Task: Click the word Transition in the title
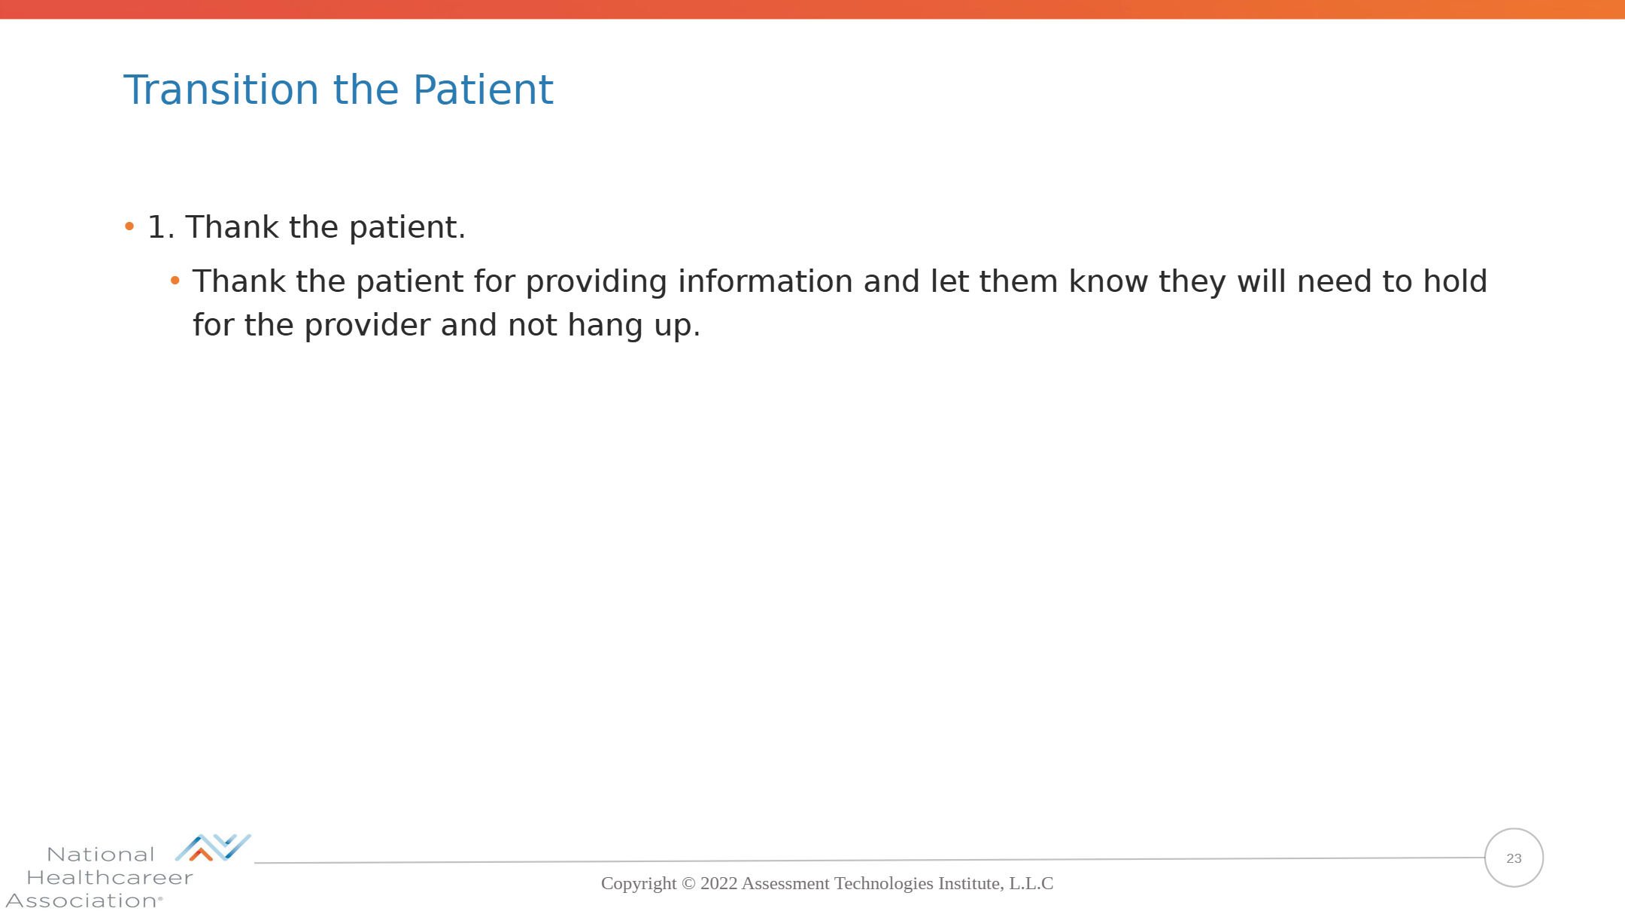pos(221,90)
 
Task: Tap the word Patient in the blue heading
pos(483,90)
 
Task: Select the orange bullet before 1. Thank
pos(129,226)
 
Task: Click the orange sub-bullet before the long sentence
pos(175,281)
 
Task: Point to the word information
pos(765,281)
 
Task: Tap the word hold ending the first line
pos(1455,281)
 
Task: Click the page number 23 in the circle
pos(1514,858)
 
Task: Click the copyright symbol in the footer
pos(688,884)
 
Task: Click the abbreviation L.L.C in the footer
pos(1031,883)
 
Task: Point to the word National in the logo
pos(101,855)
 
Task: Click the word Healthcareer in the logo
pos(110,878)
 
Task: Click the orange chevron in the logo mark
pos(201,854)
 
